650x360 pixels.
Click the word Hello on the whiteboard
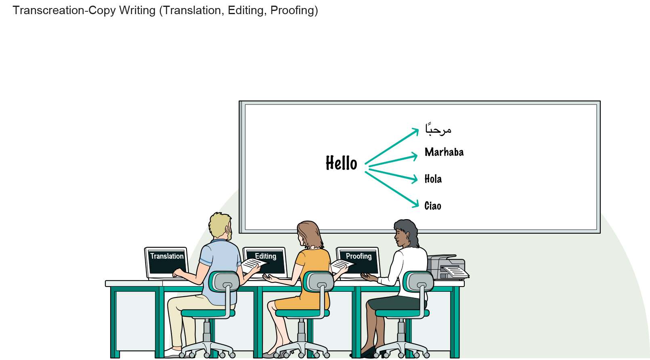(x=341, y=163)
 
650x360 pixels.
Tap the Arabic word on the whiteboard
(x=438, y=129)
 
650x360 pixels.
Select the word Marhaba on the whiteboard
(x=444, y=152)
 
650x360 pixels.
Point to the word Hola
(x=433, y=179)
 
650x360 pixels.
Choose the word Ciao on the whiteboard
(x=433, y=206)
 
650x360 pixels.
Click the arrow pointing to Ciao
(x=392, y=190)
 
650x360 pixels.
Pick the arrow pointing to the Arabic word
(x=392, y=146)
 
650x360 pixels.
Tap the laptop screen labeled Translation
(x=167, y=262)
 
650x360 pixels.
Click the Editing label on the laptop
(x=266, y=256)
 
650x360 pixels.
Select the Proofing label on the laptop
(x=359, y=256)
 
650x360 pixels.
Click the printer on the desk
(x=447, y=267)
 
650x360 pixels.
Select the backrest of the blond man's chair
(x=224, y=281)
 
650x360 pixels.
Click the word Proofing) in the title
(x=294, y=10)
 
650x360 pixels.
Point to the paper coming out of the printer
(x=455, y=272)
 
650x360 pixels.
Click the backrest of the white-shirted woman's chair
(x=418, y=281)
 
